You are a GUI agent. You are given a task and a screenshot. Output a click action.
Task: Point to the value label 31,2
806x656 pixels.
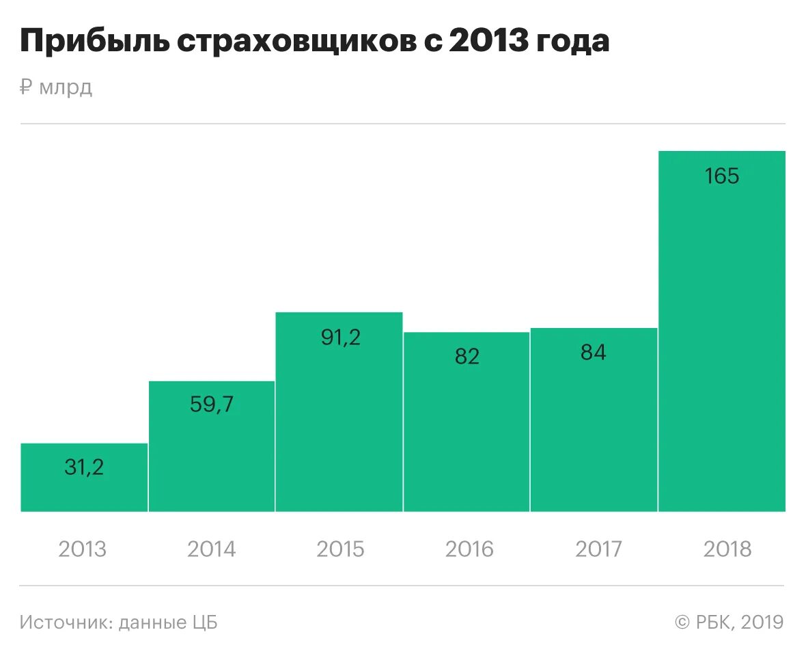pyautogui.click(x=84, y=467)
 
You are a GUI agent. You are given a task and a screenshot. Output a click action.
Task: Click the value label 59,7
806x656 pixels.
pyautogui.click(x=212, y=405)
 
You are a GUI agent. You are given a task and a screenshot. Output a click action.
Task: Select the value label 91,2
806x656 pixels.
pyautogui.click(x=340, y=337)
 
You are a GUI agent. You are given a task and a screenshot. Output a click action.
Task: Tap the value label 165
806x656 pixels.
pyautogui.click(x=722, y=176)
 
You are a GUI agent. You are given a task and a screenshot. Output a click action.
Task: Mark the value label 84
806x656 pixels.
pyautogui.click(x=593, y=353)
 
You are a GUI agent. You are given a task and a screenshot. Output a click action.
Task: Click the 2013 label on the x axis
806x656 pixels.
pyautogui.click(x=83, y=549)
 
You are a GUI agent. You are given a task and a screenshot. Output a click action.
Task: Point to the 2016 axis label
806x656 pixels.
pyautogui.click(x=469, y=549)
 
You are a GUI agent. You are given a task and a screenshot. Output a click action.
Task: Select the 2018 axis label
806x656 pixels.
pyautogui.click(x=727, y=549)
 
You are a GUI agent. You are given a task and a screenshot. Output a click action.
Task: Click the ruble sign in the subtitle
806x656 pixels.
pyautogui.click(x=26, y=87)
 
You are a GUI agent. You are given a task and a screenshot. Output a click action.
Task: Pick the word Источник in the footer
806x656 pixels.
pyautogui.click(x=66, y=623)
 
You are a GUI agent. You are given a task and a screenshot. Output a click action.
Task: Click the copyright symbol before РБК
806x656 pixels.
pyautogui.click(x=682, y=623)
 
